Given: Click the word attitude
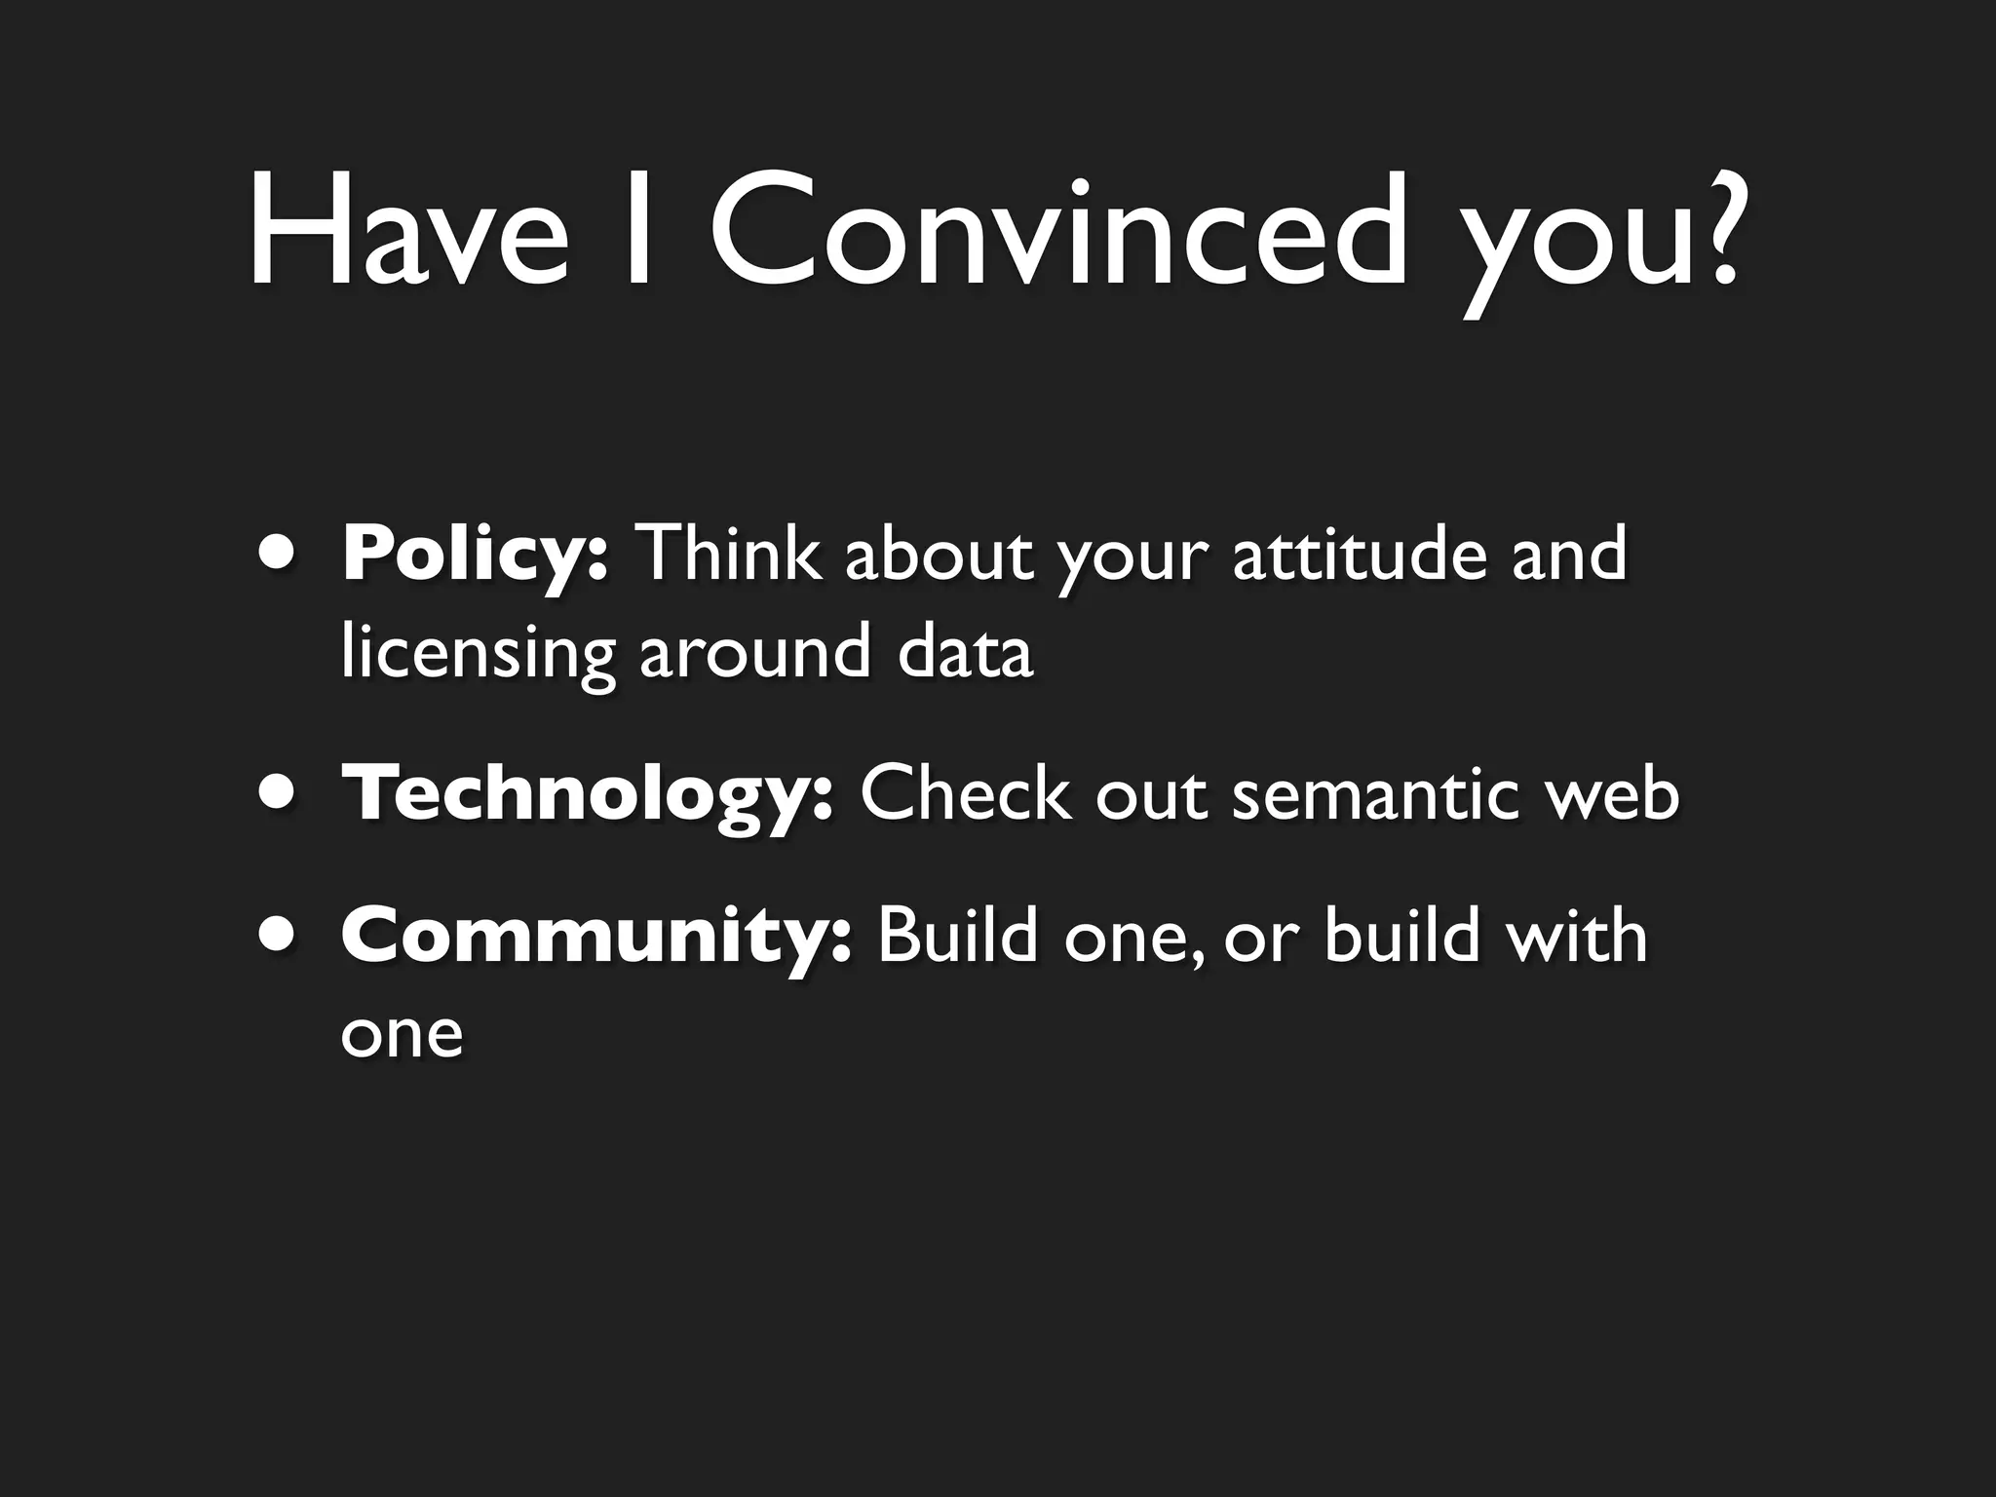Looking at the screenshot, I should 1360,554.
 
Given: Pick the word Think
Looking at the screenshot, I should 727,554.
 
